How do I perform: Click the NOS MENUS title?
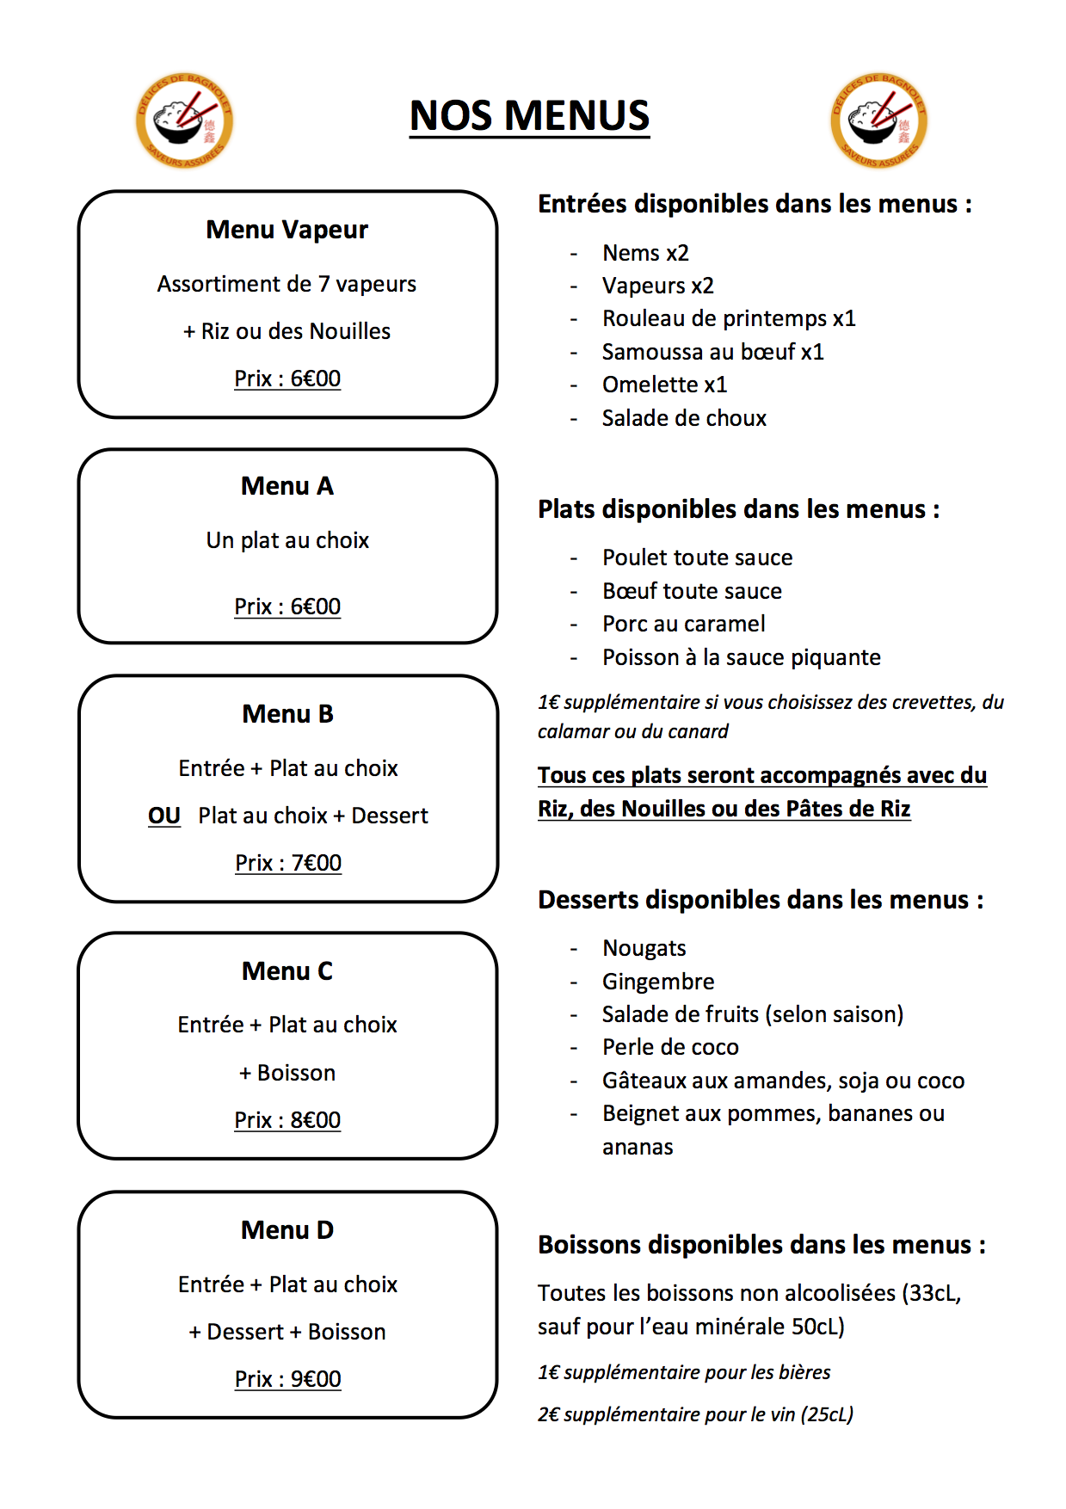pyautogui.click(x=529, y=115)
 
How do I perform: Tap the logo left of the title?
pyautogui.click(x=184, y=120)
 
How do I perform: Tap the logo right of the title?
pyautogui.click(x=878, y=120)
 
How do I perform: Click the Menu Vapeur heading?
pyautogui.click(x=287, y=230)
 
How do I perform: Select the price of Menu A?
pyautogui.click(x=287, y=607)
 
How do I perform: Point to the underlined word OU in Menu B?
pyautogui.click(x=164, y=816)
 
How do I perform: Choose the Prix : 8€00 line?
pyautogui.click(x=287, y=1120)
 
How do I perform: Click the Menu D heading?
pyautogui.click(x=287, y=1230)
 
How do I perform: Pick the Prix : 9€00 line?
pyautogui.click(x=287, y=1379)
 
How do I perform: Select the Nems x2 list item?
pyautogui.click(x=645, y=253)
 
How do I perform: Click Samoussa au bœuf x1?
pyautogui.click(x=712, y=352)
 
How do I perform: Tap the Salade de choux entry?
pyautogui.click(x=684, y=418)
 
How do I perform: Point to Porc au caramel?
pyautogui.click(x=684, y=624)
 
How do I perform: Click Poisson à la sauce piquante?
pyautogui.click(x=742, y=657)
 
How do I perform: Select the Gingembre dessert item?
pyautogui.click(x=658, y=982)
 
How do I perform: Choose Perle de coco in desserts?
pyautogui.click(x=670, y=1047)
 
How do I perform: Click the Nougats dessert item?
pyautogui.click(x=644, y=948)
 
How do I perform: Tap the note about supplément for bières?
pyautogui.click(x=684, y=1372)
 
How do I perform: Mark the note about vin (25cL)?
pyautogui.click(x=695, y=1414)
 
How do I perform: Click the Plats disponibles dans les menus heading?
pyautogui.click(x=738, y=509)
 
